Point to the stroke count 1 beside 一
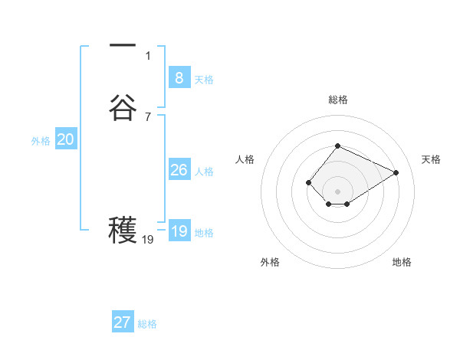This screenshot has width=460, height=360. (148, 55)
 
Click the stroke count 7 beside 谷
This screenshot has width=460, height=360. (148, 116)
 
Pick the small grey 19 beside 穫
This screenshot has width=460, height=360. (148, 240)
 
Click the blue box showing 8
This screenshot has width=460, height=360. (179, 77)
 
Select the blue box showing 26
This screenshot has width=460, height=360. (179, 169)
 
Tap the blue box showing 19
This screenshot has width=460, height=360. (179, 231)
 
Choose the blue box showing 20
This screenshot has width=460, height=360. (65, 139)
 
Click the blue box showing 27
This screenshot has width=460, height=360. (122, 322)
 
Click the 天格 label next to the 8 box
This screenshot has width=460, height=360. (204, 80)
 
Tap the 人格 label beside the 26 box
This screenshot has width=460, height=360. (204, 172)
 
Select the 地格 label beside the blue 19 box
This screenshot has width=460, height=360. (204, 233)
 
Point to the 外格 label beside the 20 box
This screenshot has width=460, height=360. (41, 141)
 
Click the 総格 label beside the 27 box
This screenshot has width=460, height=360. (147, 324)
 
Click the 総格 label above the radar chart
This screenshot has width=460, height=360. (337, 100)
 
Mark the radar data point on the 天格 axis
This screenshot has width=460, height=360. (396, 172)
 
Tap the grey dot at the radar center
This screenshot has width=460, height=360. (337, 191)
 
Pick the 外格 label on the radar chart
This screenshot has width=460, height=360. (270, 262)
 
